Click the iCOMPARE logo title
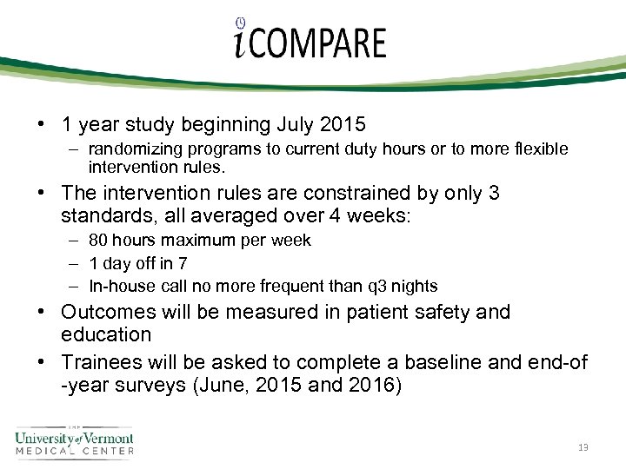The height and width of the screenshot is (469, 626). [310, 41]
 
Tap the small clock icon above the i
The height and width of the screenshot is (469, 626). [240, 23]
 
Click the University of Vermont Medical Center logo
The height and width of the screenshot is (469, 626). [74, 440]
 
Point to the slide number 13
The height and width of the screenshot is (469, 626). [583, 447]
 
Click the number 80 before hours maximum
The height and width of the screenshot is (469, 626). [97, 240]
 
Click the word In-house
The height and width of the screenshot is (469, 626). [118, 286]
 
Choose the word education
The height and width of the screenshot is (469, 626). [106, 334]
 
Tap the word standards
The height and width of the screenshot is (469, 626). [105, 215]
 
